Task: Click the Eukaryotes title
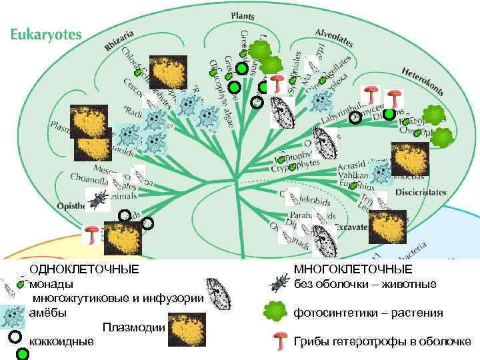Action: tap(45, 33)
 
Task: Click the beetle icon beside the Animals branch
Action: tap(99, 196)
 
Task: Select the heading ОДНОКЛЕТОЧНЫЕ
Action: tap(84, 269)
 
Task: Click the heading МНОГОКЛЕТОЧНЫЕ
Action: tap(353, 269)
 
